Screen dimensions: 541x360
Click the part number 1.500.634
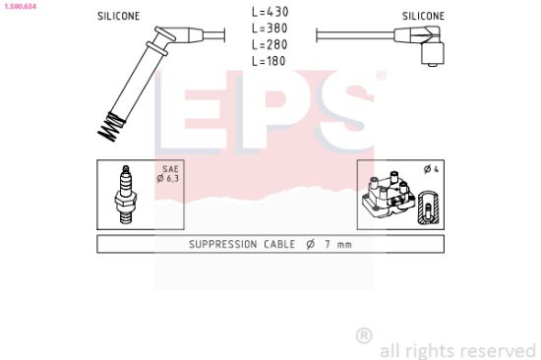coord(20,6)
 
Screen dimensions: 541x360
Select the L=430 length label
coord(270,12)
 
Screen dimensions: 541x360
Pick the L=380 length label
coord(270,29)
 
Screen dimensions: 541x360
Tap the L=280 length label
coord(270,45)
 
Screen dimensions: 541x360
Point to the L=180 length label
coord(269,61)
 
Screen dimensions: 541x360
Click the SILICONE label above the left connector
coord(119,16)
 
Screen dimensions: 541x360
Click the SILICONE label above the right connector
coord(423,16)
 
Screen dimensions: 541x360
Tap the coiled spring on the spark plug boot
coord(110,126)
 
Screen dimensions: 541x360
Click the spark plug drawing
coord(126,195)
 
